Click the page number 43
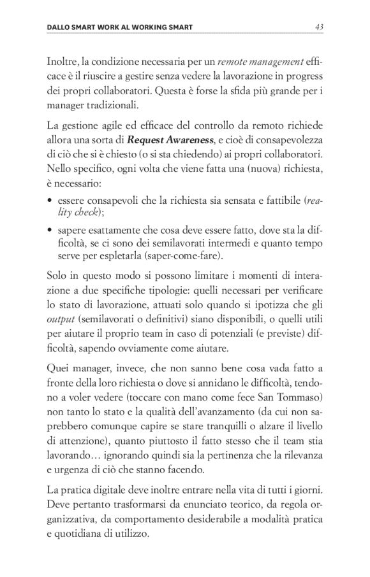point(319,27)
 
